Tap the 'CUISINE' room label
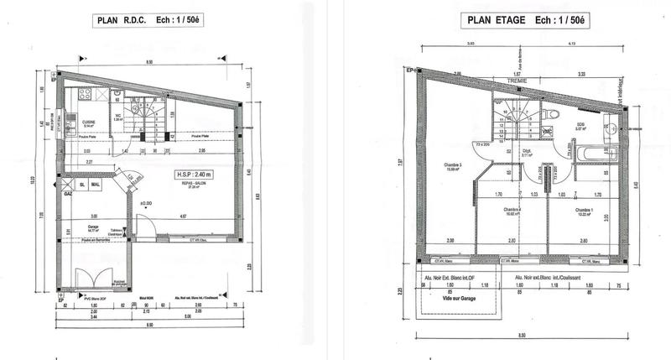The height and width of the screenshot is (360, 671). pos(88,121)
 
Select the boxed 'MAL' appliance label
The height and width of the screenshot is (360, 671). pos(96,184)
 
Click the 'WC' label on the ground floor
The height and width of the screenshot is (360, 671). pos(119,117)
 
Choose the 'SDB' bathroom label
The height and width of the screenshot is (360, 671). pos(580,125)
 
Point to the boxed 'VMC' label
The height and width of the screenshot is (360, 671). pos(546,133)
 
